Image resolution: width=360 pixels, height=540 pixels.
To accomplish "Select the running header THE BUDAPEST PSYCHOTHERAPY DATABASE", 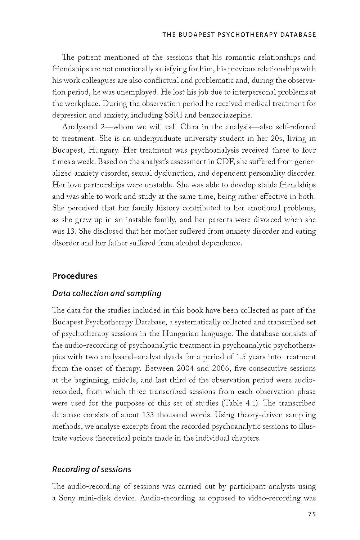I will coord(239,35).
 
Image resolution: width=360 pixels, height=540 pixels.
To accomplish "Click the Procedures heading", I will coord(75,276).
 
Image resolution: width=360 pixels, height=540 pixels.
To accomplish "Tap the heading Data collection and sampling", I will coord(107,293).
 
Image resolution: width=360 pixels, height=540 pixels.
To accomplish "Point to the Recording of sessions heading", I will coord(91,469).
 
